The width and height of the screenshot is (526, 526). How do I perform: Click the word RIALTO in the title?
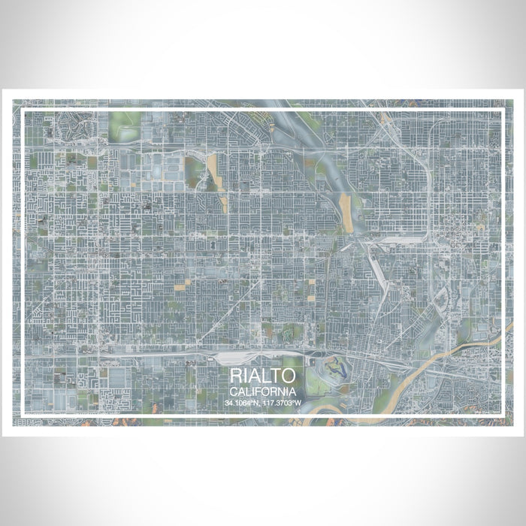pos(263,376)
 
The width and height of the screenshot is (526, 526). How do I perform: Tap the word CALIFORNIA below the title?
pos(263,391)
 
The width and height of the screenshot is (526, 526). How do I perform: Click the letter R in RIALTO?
pos(237,376)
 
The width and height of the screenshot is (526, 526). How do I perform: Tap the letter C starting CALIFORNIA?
pos(234,391)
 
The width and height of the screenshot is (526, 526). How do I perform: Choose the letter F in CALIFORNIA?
pos(259,391)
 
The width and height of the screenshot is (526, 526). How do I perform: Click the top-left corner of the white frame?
pos(23,110)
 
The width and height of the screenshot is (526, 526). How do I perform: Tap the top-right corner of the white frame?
pos(502,110)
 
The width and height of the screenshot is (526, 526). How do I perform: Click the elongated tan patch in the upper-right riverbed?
pos(346,203)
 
